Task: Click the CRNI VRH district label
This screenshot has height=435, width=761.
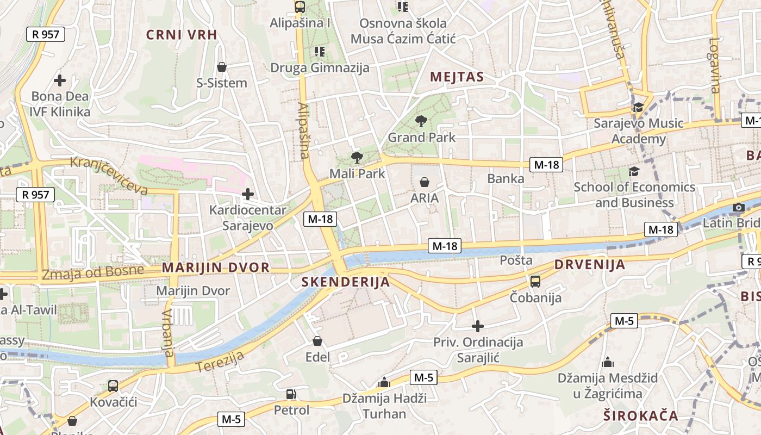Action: pos(182,35)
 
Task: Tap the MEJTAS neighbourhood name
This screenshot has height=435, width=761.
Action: pos(457,77)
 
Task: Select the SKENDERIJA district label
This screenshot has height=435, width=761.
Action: pos(346,282)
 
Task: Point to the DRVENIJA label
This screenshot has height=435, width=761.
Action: pos(590,265)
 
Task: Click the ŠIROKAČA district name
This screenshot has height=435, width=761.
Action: pos(641,416)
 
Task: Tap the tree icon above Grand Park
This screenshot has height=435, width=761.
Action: pos(421,121)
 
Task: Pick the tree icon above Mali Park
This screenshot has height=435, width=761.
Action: pos(357,158)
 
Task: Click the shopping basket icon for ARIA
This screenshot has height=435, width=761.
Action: pos(425,182)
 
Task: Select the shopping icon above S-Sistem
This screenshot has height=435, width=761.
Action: pos(222,67)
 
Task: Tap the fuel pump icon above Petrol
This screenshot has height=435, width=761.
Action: pos(291,394)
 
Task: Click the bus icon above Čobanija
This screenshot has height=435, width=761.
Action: pos(535,281)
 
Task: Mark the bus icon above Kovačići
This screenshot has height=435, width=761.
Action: pos(113,386)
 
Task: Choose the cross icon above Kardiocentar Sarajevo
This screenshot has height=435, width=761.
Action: pos(248,194)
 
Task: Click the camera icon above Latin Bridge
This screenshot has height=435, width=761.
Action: pos(738,207)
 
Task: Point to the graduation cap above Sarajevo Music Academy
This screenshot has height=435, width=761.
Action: pos(638,107)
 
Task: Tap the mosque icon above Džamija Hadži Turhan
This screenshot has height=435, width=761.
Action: pos(384,382)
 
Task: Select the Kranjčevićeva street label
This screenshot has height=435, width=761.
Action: pos(109,176)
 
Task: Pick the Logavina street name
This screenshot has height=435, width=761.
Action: pos(715,65)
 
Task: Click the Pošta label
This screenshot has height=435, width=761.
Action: pos(516,260)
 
